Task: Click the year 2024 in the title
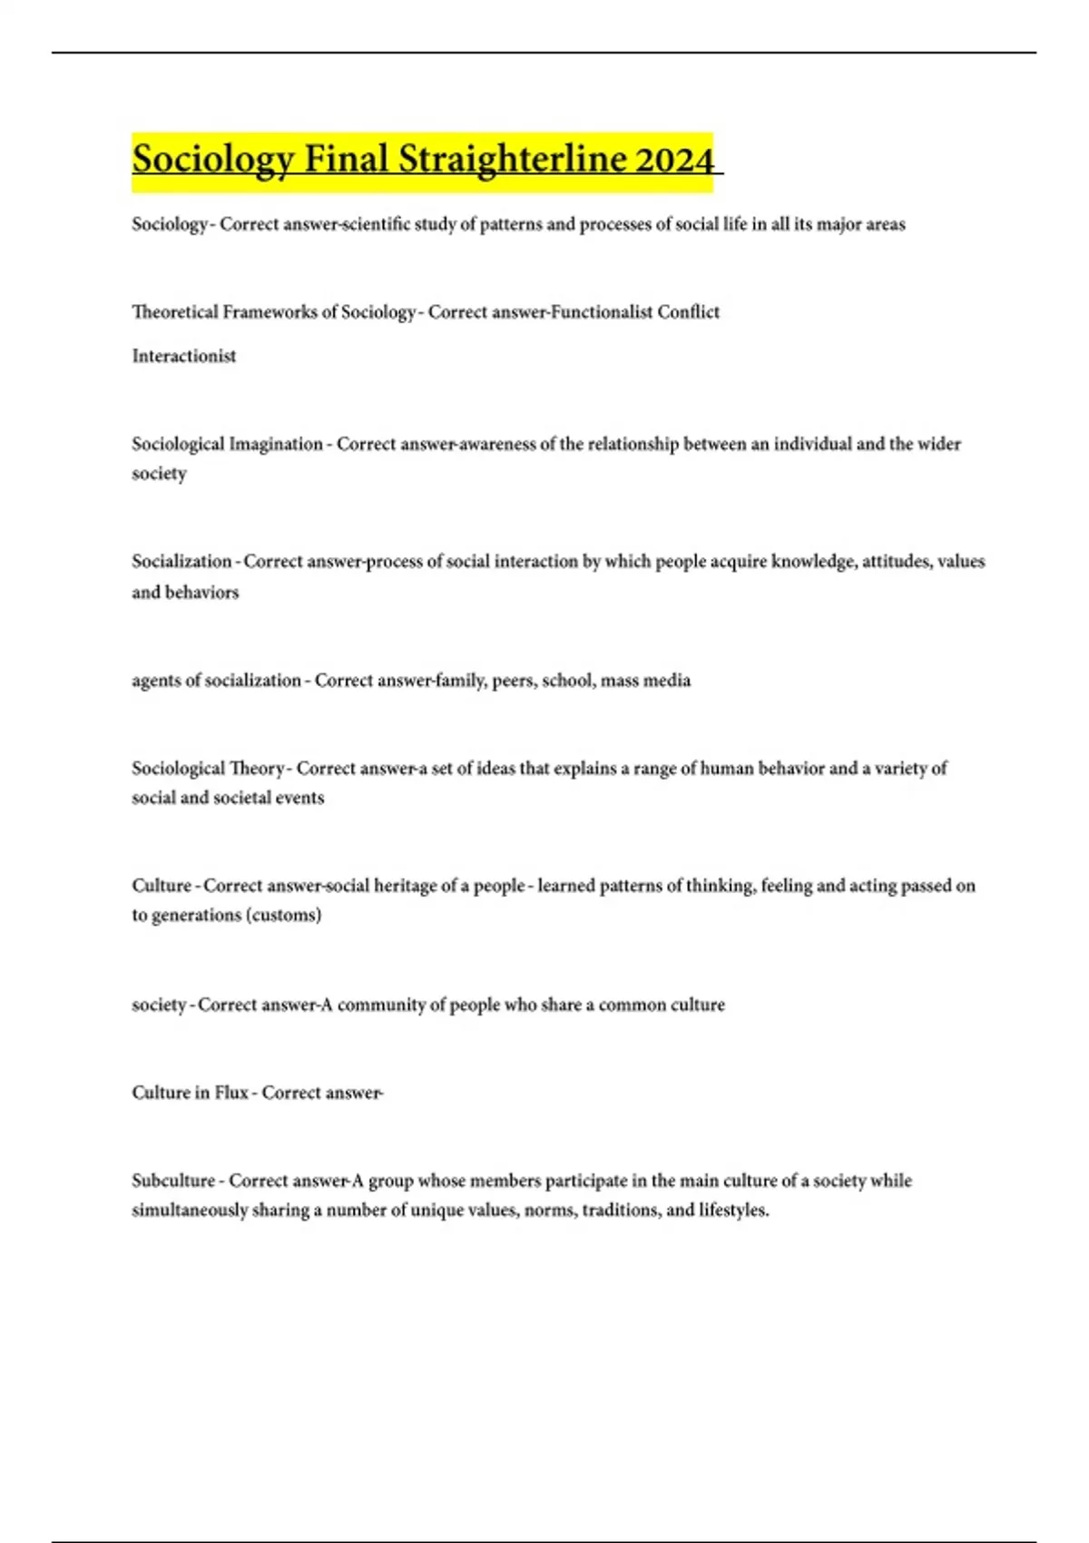[x=674, y=160]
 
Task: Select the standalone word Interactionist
[x=183, y=356]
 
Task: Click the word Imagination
[x=275, y=444]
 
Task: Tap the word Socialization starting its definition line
[x=181, y=561]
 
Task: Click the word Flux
[x=231, y=1093]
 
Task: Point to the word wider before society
[x=939, y=444]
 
